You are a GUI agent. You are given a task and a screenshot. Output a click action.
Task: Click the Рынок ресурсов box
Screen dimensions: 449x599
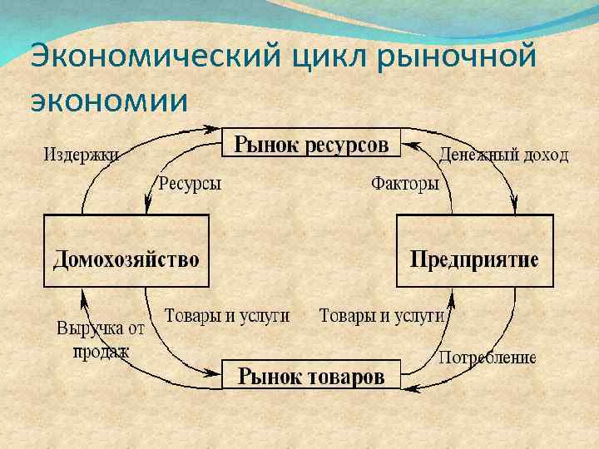pyautogui.click(x=311, y=143)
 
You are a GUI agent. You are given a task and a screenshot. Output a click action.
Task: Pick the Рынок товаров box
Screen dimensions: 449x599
pyautogui.click(x=311, y=376)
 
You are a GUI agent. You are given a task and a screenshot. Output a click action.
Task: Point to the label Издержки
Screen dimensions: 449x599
pyautogui.click(x=81, y=155)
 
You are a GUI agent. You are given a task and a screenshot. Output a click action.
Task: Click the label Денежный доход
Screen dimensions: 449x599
pyautogui.click(x=504, y=155)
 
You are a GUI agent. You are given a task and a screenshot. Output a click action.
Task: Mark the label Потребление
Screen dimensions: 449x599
pyautogui.click(x=487, y=358)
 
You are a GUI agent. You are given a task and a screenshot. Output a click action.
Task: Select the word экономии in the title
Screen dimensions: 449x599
pyautogui.click(x=108, y=99)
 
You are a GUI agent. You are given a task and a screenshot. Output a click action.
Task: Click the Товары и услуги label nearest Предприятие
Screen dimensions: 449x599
pyautogui.click(x=382, y=316)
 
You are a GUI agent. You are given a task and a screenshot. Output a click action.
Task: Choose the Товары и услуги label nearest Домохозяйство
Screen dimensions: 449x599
pyautogui.click(x=227, y=316)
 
